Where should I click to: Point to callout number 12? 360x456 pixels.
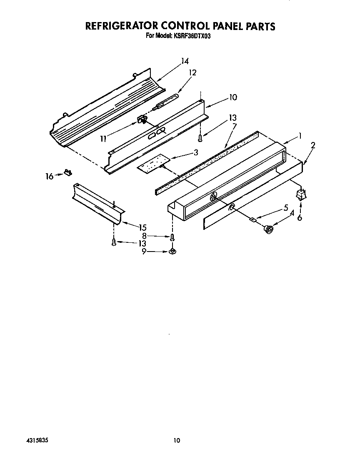(192, 72)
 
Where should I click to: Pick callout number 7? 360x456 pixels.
(234, 125)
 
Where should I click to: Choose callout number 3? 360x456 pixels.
(195, 153)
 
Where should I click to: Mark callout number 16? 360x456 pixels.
(49, 177)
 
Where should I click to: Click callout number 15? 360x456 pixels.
(143, 228)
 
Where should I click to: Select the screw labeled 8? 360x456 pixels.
(172, 237)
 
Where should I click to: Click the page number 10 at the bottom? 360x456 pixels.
(177, 441)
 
